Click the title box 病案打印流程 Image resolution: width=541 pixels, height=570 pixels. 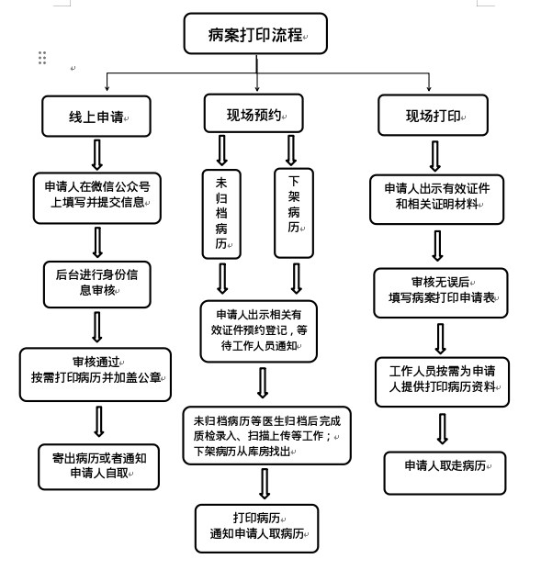point(255,33)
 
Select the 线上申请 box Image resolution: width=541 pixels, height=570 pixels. point(96,117)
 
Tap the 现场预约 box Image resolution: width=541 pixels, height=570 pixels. point(254,113)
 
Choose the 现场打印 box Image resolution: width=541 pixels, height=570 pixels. point(433,116)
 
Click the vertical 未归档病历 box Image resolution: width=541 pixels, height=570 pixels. point(221,214)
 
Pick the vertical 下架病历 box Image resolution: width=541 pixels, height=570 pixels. point(294,213)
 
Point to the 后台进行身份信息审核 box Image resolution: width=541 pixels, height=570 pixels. point(97,285)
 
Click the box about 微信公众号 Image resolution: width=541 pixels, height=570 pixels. point(97,198)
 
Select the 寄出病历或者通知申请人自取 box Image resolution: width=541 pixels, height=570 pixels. point(99,467)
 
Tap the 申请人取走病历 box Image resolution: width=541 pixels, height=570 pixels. point(445,473)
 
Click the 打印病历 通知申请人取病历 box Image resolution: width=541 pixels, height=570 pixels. point(257,528)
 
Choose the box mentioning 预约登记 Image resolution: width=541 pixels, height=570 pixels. point(259,331)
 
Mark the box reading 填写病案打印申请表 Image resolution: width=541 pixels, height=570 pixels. point(441,293)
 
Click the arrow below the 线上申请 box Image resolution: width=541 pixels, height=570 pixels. point(96,155)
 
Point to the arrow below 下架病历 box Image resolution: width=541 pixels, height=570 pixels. point(297,279)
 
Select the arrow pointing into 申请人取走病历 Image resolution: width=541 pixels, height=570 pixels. point(443,429)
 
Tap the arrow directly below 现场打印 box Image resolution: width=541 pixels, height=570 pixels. point(435,156)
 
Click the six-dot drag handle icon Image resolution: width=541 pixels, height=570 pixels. point(42,58)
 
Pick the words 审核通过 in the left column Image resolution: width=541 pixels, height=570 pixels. point(96,362)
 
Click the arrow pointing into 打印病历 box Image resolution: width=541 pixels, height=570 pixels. point(265,484)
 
